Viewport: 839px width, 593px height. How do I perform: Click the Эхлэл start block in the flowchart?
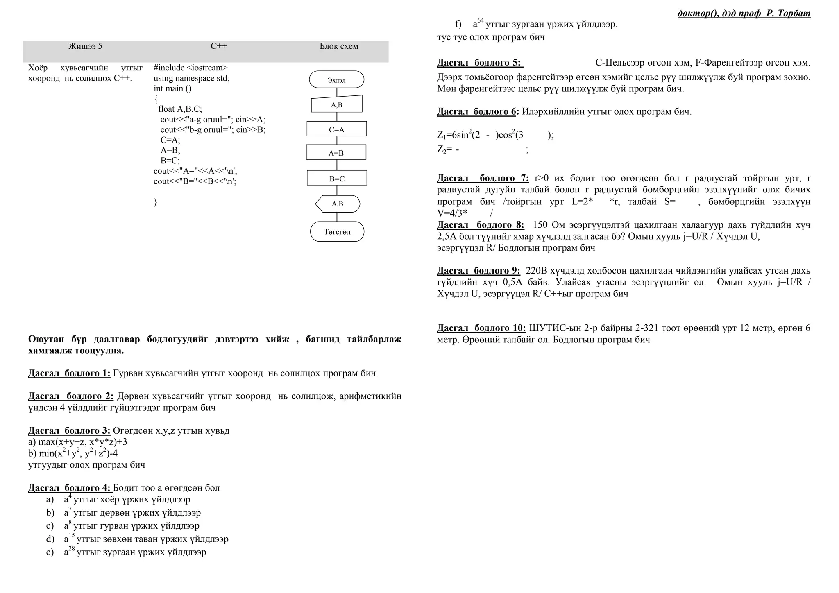click(336, 80)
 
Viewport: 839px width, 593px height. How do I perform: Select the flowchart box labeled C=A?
click(336, 129)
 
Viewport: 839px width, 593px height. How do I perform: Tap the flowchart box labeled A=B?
click(336, 153)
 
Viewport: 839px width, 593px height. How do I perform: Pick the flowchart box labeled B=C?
click(337, 179)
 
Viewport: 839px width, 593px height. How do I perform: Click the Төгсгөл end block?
click(337, 232)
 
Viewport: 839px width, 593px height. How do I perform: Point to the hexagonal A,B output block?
click(338, 204)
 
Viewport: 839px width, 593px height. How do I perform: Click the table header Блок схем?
click(339, 46)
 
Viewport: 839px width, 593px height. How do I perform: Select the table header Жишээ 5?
click(85, 46)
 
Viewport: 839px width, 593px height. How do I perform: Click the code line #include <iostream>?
click(190, 68)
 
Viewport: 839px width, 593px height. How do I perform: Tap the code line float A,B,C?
click(180, 109)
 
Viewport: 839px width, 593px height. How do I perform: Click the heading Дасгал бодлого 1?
click(69, 373)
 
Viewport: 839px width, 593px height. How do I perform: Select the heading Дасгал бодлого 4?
click(69, 488)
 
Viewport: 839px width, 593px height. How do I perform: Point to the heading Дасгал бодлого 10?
click(481, 328)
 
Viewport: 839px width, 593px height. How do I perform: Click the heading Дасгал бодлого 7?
click(483, 179)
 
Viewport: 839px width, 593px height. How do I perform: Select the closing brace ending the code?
click(156, 202)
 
